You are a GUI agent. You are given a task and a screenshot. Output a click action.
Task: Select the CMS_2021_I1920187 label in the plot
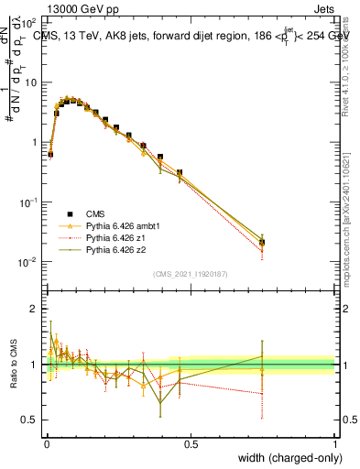click(x=189, y=273)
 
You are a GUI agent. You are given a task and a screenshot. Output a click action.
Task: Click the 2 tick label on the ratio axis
click(x=33, y=309)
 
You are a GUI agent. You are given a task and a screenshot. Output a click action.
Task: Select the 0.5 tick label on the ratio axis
click(x=29, y=420)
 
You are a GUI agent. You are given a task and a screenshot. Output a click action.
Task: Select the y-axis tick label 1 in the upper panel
click(x=34, y=143)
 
